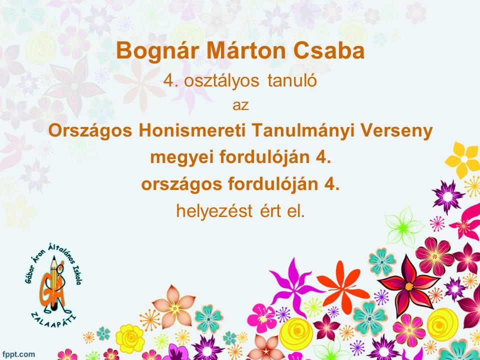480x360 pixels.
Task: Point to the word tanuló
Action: [x=292, y=81]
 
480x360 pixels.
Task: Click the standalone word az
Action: [x=240, y=105]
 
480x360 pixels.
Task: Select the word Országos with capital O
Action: [x=90, y=131]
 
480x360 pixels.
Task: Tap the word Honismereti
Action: [x=192, y=130]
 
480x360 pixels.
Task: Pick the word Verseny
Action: [x=396, y=131]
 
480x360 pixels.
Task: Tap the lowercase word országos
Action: [x=181, y=185]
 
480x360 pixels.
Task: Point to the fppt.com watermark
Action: [x=19, y=354]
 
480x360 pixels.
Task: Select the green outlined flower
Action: [x=403, y=227]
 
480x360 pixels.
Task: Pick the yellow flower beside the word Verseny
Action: [x=463, y=159]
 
